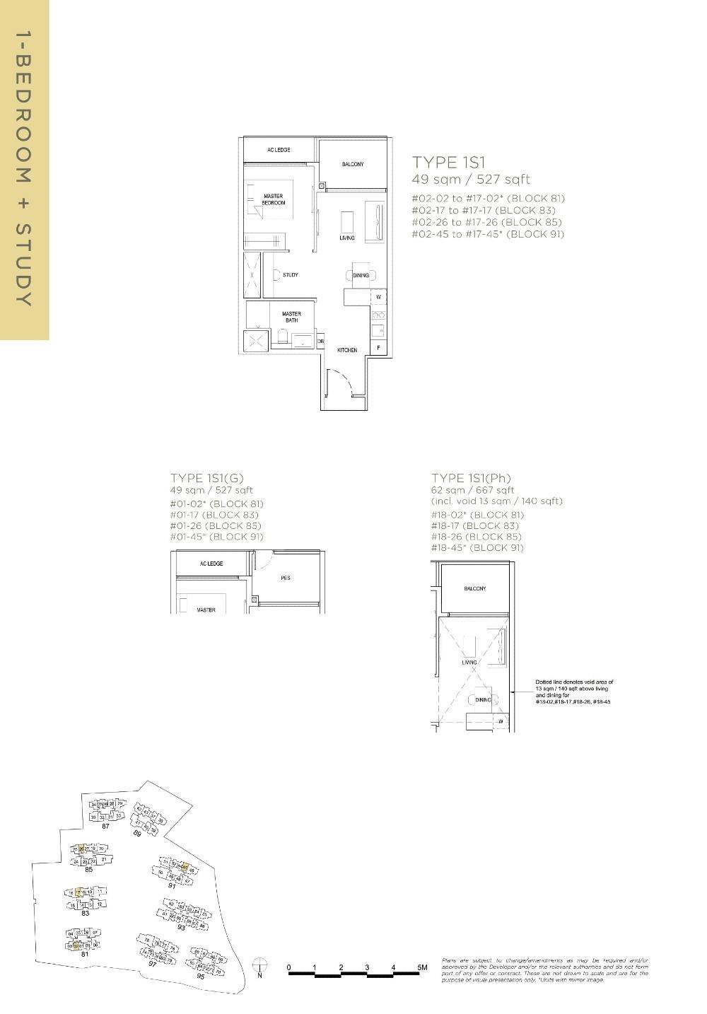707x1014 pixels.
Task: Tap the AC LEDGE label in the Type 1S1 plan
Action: (279, 150)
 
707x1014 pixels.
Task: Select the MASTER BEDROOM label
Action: (274, 199)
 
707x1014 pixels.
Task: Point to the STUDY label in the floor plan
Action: (290, 275)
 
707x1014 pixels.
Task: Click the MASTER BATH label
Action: (291, 317)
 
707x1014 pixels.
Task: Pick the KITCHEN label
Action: (346, 350)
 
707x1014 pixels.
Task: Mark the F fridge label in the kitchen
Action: (379, 348)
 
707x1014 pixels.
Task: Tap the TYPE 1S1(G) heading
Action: (206, 478)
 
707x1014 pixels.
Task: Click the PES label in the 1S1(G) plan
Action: (286, 578)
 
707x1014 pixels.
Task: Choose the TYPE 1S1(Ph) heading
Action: (471, 478)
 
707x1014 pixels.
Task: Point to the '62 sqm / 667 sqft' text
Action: (472, 490)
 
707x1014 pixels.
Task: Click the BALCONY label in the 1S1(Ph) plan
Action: (474, 588)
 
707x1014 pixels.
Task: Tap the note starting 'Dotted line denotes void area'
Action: (574, 692)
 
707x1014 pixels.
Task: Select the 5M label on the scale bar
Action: (422, 967)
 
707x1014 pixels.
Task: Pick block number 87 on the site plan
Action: (105, 826)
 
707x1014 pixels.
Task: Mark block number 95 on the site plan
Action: (200, 976)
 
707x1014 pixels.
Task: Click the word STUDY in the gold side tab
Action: (24, 265)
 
